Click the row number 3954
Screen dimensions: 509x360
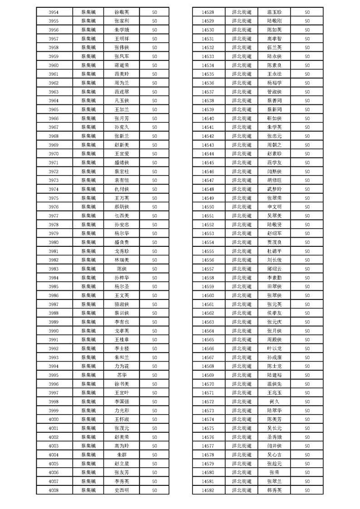click(53, 12)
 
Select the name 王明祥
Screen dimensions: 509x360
click(122, 39)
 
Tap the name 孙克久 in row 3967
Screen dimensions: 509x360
click(122, 127)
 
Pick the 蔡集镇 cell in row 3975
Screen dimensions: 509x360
click(89, 198)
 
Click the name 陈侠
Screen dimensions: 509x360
click(122, 269)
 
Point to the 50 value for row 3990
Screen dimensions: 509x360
click(154, 331)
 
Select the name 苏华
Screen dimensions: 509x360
click(122, 375)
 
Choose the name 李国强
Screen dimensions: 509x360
click(122, 401)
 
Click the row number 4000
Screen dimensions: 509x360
click(53, 419)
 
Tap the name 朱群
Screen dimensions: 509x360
click(122, 455)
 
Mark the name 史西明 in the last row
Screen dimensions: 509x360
click(122, 490)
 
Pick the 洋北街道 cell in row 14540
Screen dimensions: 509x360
click(242, 118)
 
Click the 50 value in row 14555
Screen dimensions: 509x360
click(307, 251)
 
